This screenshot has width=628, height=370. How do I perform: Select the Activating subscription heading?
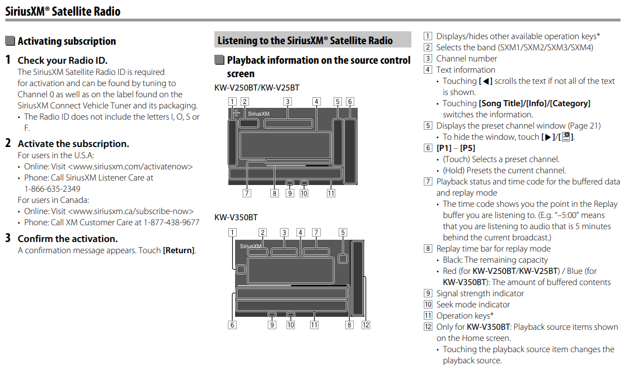[66, 41]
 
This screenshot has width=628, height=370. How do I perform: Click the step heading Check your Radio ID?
[62, 60]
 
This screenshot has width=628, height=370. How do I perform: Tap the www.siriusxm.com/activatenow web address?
[130, 167]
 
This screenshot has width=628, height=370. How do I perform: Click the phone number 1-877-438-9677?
[171, 222]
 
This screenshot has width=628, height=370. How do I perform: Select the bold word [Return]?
[179, 250]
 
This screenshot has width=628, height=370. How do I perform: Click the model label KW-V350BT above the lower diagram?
[236, 217]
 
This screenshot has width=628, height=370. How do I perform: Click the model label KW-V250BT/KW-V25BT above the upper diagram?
[256, 88]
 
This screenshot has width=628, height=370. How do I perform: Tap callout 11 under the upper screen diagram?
[331, 193]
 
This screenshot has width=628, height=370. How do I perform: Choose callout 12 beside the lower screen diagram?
[366, 324]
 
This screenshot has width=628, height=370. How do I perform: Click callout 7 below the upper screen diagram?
[246, 193]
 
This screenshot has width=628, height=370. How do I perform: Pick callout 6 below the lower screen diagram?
[232, 324]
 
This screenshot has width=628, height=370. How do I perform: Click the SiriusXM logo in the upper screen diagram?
[259, 113]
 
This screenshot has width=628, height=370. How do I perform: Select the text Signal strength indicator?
[480, 293]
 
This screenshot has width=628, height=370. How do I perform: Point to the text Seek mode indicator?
[473, 305]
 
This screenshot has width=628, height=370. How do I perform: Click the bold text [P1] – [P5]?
[456, 148]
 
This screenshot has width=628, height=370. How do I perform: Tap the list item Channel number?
[466, 59]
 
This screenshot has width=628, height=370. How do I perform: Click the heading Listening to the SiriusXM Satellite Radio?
[305, 40]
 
